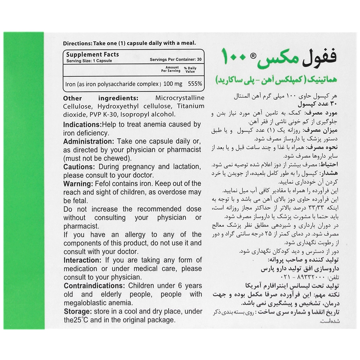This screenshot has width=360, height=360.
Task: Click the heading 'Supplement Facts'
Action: pos(92,54)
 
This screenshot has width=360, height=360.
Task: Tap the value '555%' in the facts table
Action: pos(194,84)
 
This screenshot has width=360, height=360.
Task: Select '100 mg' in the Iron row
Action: pos(173,84)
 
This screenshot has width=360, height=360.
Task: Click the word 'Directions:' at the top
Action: pos(77,43)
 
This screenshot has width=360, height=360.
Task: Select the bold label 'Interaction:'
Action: pos(82,260)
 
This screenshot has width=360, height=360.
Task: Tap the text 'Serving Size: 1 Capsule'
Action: pos(89,60)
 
